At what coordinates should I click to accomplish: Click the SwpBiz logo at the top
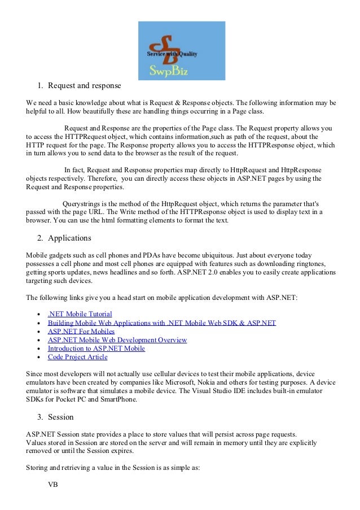(181, 50)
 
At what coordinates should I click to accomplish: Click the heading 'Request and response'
(84, 86)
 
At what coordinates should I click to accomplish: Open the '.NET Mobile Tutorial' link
(80, 313)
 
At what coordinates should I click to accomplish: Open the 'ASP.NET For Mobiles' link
(81, 331)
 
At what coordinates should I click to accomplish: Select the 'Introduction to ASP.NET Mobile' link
(96, 348)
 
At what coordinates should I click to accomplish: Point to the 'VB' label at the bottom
(53, 485)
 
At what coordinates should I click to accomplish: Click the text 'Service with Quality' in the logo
(172, 54)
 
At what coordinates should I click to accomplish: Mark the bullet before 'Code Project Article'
(37, 358)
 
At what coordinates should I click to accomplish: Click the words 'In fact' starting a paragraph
(76, 169)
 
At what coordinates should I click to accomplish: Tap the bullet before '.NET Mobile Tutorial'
(37, 314)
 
